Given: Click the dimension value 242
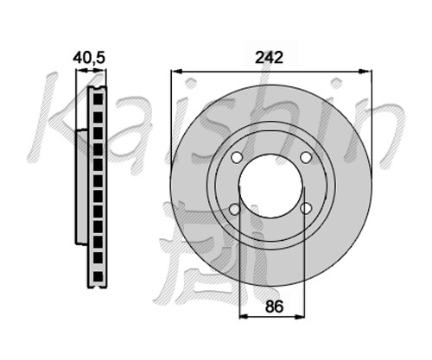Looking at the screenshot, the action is coord(270,58).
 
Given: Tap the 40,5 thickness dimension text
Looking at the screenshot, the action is coord(89,58).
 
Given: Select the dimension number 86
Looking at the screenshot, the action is coord(274,306).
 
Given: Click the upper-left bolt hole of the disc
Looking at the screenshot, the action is coord(237,157).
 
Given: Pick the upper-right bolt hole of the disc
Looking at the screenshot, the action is coord(306,157).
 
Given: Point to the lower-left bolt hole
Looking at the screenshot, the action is coord(235,209).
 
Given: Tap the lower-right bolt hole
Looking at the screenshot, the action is coord(306,208).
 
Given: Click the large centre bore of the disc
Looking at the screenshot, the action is coord(271,186).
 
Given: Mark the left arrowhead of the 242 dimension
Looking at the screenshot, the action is coord(176,71).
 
